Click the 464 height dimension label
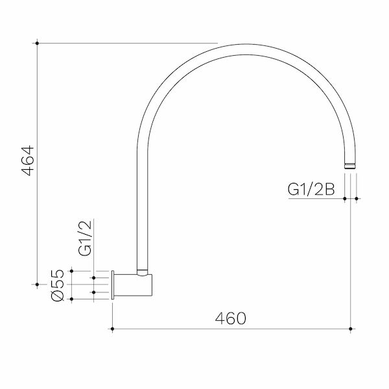coord(28,161)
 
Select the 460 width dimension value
coord(231,318)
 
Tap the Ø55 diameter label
coord(58,285)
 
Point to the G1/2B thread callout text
coord(311,189)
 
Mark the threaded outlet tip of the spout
coord(350,166)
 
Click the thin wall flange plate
coord(113,285)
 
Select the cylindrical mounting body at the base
coord(133,285)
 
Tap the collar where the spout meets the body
coord(143,272)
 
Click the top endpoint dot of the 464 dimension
coord(37,43)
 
